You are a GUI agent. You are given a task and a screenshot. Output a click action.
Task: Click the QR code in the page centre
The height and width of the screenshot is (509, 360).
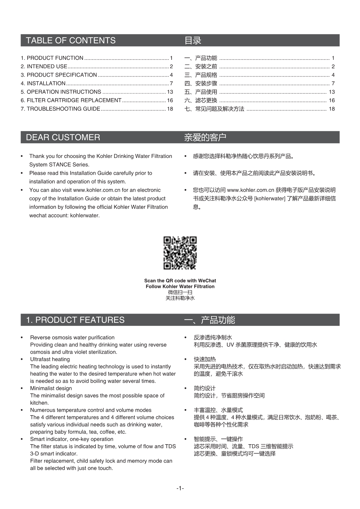180,253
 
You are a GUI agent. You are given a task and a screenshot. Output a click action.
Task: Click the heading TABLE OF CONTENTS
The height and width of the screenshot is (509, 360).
71,40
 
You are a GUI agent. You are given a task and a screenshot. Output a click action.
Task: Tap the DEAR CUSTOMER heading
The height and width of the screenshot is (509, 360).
63,137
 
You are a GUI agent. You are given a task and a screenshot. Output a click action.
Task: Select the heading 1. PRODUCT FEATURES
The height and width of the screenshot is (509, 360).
75,320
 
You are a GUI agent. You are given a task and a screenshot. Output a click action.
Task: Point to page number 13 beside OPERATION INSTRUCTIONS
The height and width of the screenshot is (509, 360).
170,92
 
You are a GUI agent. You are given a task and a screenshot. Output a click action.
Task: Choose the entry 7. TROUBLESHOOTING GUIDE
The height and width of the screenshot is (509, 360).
60,109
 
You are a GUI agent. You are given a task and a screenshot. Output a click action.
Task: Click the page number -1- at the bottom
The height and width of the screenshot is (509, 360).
180,488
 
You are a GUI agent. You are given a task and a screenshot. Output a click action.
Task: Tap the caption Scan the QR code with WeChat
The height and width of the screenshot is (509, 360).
180,281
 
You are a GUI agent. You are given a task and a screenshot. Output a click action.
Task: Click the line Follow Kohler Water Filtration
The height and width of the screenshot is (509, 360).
180,287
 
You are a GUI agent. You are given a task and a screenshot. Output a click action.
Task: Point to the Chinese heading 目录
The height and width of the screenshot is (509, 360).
193,40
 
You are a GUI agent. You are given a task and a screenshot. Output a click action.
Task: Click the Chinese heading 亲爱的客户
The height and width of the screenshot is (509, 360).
205,137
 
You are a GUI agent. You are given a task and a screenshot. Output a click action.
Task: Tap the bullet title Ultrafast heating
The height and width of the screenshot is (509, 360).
50,359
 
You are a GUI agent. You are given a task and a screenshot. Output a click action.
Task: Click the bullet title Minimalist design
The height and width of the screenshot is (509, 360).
51,389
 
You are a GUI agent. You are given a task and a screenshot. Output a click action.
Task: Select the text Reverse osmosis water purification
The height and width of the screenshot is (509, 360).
72,338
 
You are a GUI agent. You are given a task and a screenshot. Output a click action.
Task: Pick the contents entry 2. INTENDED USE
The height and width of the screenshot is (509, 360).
44,66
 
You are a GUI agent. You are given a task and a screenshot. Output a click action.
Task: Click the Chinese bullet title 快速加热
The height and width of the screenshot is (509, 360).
205,359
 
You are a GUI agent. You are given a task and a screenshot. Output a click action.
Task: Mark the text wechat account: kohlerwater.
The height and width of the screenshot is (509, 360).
64,216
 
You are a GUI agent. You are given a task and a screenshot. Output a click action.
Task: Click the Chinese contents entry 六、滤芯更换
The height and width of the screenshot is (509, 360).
201,100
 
